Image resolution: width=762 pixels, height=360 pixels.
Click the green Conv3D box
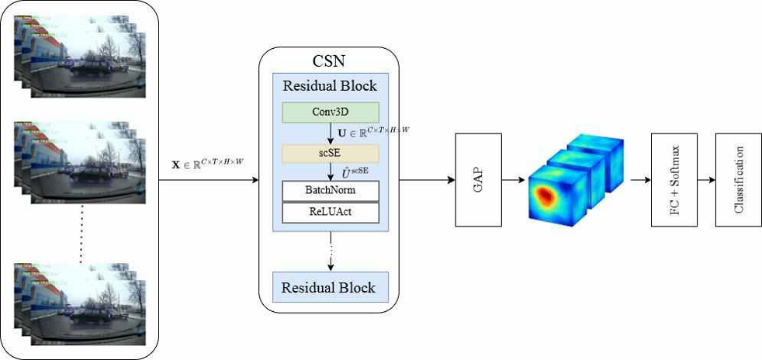[x=331, y=112]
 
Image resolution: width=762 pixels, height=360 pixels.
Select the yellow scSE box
[x=331, y=153]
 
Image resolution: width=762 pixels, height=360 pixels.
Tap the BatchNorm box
[x=331, y=191]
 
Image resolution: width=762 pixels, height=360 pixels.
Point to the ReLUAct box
[x=331, y=212]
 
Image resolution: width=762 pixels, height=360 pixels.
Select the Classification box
[x=738, y=180]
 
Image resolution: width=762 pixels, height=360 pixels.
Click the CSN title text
[x=329, y=61]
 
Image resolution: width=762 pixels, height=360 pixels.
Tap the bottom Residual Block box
[x=328, y=287]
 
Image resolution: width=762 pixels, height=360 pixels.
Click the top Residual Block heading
[x=330, y=85]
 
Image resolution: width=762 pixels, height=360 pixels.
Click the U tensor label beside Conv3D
[x=373, y=133]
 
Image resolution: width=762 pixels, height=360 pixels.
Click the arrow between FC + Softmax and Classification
[x=707, y=181]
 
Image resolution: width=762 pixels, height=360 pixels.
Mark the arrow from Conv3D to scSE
[x=332, y=133]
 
